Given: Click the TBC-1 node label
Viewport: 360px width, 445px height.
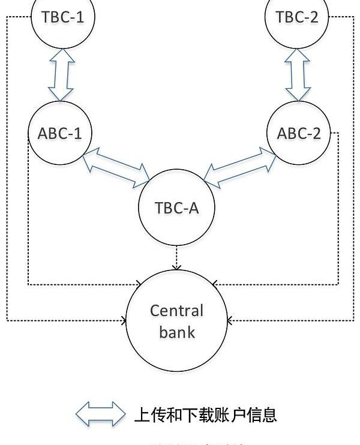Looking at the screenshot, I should [x=62, y=17].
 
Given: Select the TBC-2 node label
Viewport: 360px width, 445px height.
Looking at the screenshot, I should [x=297, y=17].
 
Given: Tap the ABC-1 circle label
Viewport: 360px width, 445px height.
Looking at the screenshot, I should [x=59, y=133].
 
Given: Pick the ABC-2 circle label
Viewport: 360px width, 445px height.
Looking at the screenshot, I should [x=299, y=133].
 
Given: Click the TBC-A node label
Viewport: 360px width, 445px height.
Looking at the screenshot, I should [x=176, y=208].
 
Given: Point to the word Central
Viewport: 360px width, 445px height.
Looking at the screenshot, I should [x=176, y=311].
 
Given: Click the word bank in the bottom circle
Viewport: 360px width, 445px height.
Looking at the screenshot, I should [x=177, y=332].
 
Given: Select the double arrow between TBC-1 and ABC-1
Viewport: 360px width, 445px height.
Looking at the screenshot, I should [x=61, y=74].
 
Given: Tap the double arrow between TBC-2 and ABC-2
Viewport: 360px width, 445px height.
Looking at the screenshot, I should [x=298, y=74].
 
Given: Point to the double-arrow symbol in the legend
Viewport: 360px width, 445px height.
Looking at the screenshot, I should [x=100, y=414].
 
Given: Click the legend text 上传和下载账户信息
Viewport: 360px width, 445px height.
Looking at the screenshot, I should [x=205, y=414].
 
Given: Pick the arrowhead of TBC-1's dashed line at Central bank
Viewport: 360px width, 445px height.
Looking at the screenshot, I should [x=124, y=321].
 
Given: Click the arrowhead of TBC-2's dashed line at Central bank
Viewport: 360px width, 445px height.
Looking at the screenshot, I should [x=230, y=321].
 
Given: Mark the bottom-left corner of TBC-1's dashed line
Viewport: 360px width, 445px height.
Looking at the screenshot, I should [x=7, y=321].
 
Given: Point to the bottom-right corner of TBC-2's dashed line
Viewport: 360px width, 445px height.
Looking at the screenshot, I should [x=353, y=321].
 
